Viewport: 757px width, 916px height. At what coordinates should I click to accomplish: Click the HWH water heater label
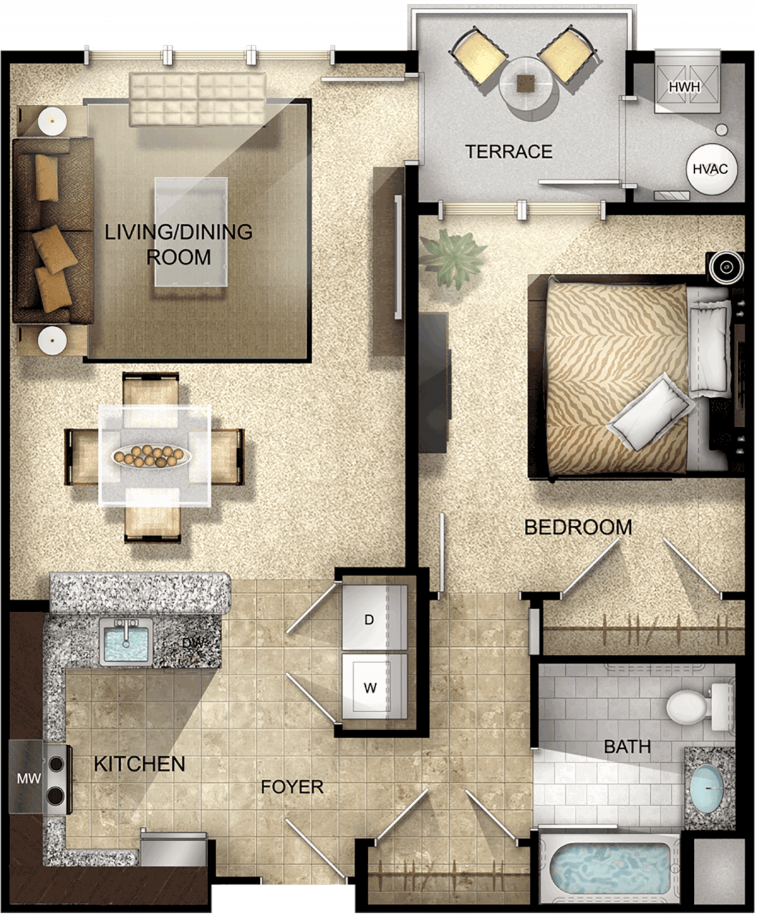684,87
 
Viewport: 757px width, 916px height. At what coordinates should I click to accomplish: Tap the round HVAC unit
710,169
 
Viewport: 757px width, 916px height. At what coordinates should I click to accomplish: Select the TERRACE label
508,152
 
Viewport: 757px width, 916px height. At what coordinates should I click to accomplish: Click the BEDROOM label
578,527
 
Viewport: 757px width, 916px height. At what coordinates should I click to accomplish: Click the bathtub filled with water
611,866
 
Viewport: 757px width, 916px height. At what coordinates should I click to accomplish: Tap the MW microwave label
29,778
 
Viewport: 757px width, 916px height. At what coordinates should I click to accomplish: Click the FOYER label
292,787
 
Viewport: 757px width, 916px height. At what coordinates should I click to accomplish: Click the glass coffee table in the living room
191,232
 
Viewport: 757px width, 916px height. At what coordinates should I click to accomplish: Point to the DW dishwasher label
194,643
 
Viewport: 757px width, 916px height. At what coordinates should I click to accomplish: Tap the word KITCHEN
139,764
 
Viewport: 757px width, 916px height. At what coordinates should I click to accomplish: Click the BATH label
627,746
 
